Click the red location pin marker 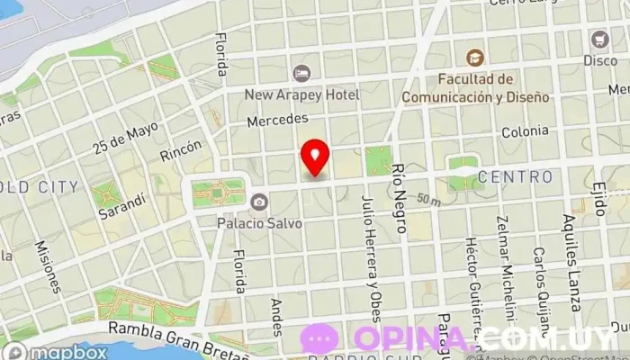click(x=315, y=157)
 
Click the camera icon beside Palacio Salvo click(x=259, y=201)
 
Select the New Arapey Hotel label click(x=303, y=94)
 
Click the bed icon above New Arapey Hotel click(x=303, y=72)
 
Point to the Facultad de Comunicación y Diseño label click(x=474, y=87)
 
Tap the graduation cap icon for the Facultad click(x=474, y=56)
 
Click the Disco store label click(x=600, y=60)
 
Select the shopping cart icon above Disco click(x=600, y=40)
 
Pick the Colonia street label click(x=525, y=131)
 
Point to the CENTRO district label click(x=515, y=176)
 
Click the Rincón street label click(x=181, y=150)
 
